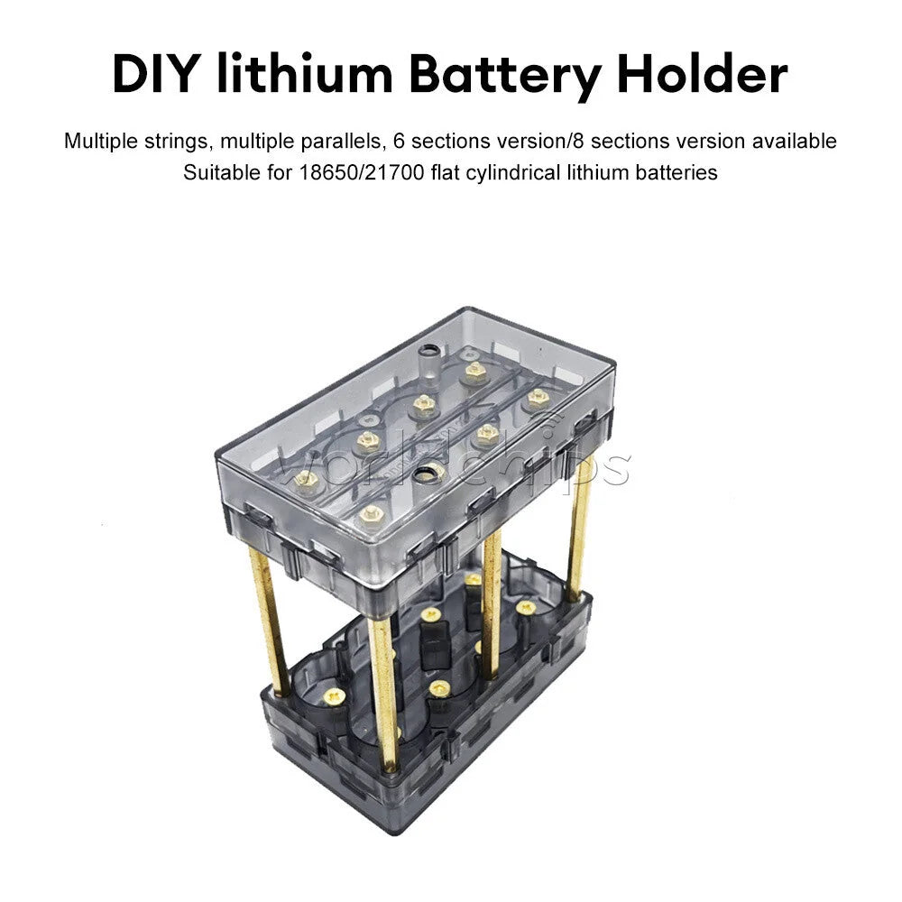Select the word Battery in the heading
tap(505, 76)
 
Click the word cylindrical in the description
tap(513, 173)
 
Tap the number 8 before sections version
tap(579, 141)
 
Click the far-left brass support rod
tap(269, 621)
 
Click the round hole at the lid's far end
tap(428, 350)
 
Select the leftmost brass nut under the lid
tap(306, 479)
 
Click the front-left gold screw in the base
tap(334, 696)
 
